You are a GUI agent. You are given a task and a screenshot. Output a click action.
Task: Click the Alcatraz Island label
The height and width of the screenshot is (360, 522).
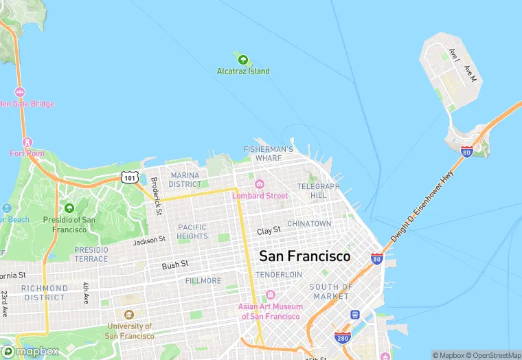[x=243, y=71]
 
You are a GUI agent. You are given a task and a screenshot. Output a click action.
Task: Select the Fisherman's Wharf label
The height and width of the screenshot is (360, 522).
[x=269, y=153]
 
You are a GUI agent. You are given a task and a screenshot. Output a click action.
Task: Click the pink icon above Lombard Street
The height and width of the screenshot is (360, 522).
[x=260, y=184]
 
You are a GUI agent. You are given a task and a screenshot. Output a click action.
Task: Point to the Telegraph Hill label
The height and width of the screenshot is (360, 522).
[x=318, y=191]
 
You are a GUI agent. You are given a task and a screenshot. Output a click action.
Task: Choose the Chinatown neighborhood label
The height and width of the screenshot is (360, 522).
[x=309, y=224]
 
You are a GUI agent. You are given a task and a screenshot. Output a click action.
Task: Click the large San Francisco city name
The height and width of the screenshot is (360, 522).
[x=304, y=256]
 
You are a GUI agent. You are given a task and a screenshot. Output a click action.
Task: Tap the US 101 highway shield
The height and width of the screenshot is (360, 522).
[x=130, y=177]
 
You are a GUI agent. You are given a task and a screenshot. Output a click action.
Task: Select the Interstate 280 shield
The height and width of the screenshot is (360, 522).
[x=342, y=337]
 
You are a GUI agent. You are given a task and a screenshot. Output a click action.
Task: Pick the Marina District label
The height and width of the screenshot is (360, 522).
[x=185, y=180]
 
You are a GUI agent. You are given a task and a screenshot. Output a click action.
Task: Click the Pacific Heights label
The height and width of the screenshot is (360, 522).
[x=192, y=232]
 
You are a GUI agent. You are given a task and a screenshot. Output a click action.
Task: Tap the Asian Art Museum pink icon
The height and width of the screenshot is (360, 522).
[x=270, y=295]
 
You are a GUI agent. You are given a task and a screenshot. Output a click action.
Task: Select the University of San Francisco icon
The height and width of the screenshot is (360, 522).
[x=129, y=315]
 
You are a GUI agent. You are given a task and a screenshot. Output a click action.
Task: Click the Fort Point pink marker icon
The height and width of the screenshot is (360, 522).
[x=27, y=142]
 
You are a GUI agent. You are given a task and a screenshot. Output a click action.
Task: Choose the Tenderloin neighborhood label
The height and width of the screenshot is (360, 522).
[x=279, y=275]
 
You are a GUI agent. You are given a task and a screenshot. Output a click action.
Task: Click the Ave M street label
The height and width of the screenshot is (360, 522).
[x=470, y=74]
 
